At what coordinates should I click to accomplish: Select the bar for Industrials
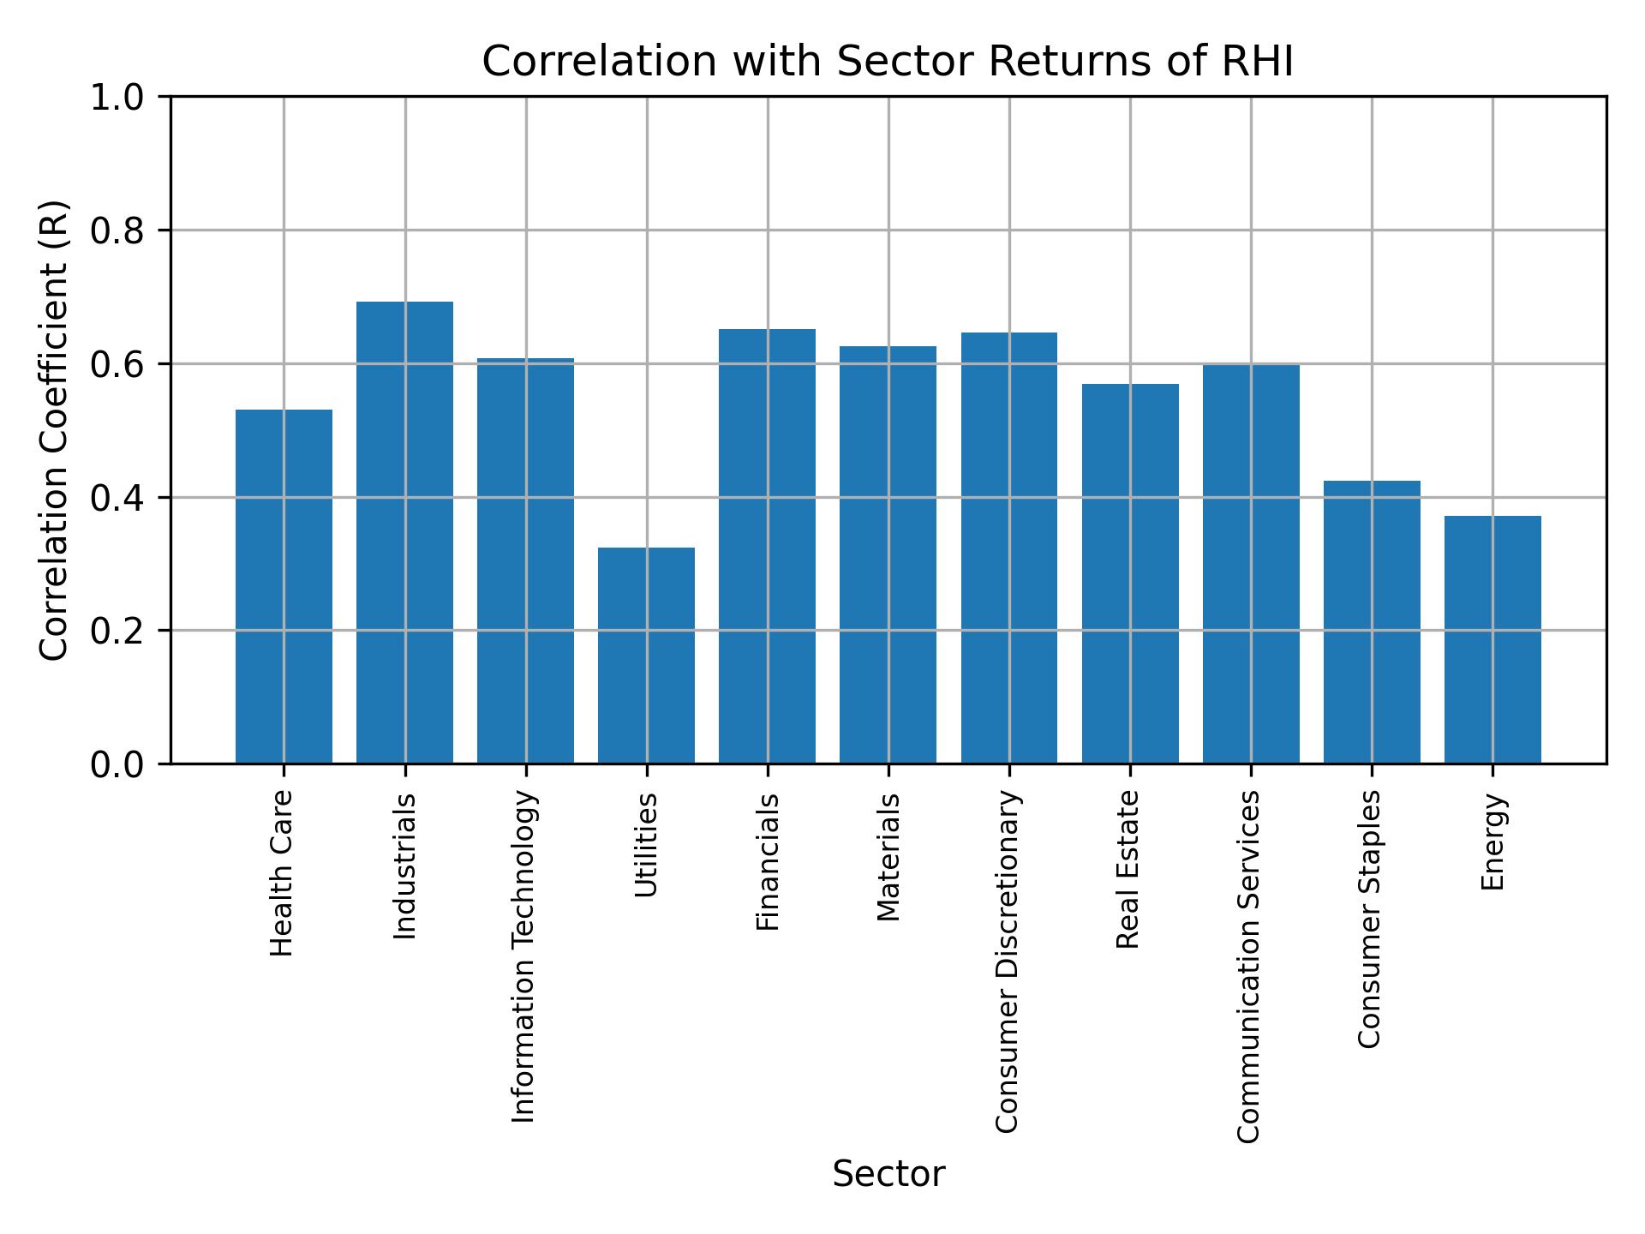click(404, 532)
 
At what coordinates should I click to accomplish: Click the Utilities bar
click(646, 655)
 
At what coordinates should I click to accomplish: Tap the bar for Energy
click(1492, 639)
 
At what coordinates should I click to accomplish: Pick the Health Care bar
click(284, 586)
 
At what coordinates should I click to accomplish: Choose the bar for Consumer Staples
click(1372, 621)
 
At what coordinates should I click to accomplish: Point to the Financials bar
click(768, 546)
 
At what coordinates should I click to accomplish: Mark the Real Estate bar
click(1130, 573)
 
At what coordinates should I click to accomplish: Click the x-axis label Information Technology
click(523, 956)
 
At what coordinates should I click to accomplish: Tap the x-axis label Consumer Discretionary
click(1008, 961)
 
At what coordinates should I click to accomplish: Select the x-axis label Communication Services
click(1249, 967)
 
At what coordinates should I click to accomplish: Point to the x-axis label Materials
click(888, 857)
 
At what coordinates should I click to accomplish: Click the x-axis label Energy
click(1492, 842)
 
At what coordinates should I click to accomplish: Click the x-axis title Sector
click(888, 1174)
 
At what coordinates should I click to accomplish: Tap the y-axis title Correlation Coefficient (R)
click(54, 430)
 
